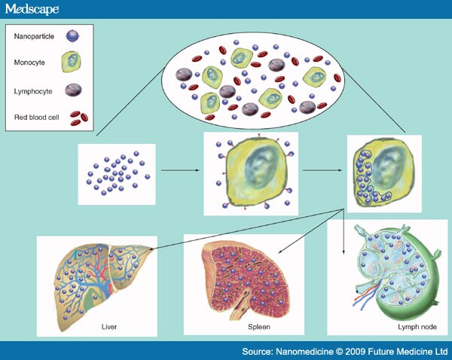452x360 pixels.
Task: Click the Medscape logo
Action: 34,10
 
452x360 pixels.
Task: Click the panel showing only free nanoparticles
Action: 117,174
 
